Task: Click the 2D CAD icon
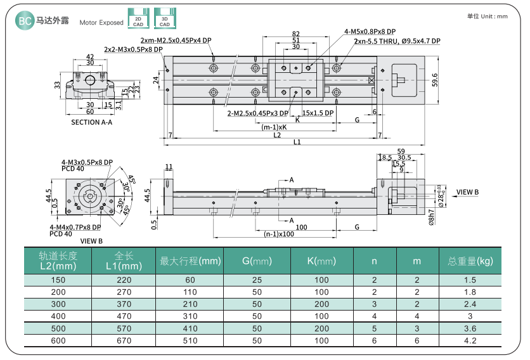pos(138,19)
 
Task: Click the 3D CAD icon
pos(164,19)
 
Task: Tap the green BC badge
pos(24,21)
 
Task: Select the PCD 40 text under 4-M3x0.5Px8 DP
pos(72,169)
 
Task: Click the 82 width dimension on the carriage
pos(296,34)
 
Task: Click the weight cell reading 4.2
pos(470,340)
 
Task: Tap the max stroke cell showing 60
pos(190,280)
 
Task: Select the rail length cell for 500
pos(58,328)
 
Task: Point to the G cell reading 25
pos(257,280)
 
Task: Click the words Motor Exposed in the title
pos(101,22)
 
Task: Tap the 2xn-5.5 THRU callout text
pos(397,41)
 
